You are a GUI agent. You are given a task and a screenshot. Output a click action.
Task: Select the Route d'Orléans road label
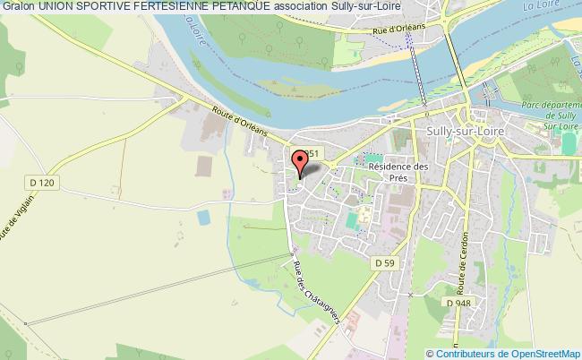(241, 123)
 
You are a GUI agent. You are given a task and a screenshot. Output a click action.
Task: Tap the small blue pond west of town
(203, 217)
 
